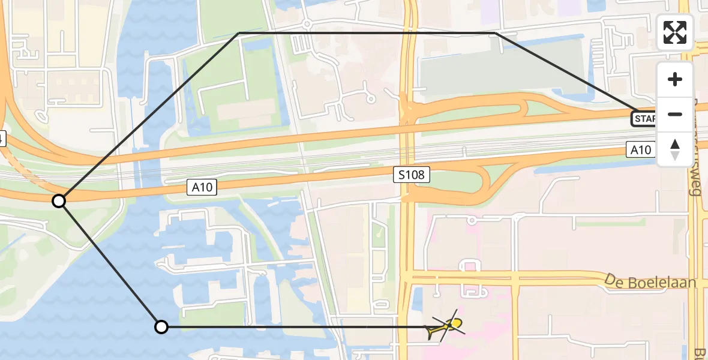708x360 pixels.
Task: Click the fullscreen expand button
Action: (x=675, y=32)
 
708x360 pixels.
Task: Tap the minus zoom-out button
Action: (x=675, y=114)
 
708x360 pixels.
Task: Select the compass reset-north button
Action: (x=675, y=149)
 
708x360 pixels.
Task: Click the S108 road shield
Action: (x=412, y=175)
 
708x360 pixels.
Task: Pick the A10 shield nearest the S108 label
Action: (x=202, y=188)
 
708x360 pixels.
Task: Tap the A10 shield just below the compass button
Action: (x=640, y=149)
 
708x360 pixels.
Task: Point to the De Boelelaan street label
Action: (x=650, y=281)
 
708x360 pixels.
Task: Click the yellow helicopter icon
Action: (x=446, y=327)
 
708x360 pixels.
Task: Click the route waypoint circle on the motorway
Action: (x=59, y=201)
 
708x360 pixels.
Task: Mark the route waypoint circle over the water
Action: (x=161, y=327)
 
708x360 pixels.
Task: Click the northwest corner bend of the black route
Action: (x=239, y=33)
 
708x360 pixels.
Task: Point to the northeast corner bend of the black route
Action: (x=496, y=33)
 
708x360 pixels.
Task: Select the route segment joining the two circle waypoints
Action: (x=110, y=264)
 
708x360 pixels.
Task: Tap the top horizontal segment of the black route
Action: (x=366, y=33)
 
